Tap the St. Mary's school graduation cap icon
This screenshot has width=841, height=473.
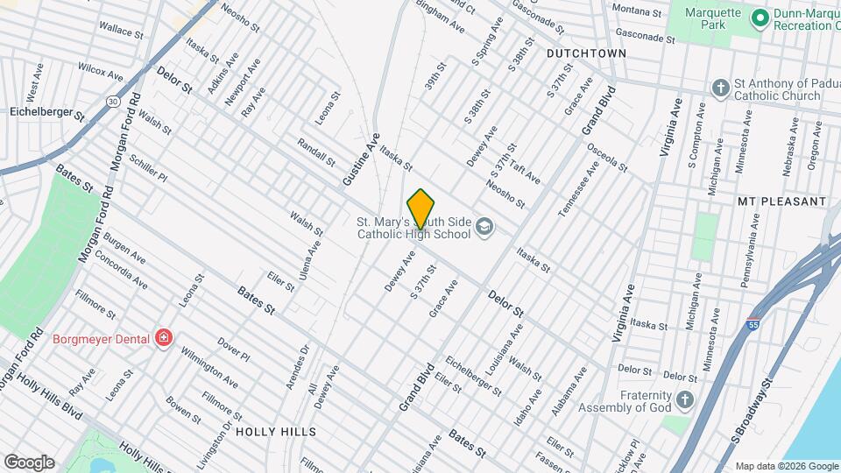(x=484, y=229)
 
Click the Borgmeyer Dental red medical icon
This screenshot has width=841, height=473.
(x=163, y=337)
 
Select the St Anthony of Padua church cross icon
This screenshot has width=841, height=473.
(x=720, y=88)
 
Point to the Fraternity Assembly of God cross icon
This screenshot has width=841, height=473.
(x=685, y=400)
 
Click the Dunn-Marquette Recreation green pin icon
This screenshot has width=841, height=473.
(x=760, y=17)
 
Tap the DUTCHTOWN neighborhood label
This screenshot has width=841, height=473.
(x=586, y=53)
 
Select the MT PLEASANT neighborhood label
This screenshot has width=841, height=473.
(x=781, y=201)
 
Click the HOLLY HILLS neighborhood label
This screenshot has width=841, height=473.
(x=275, y=432)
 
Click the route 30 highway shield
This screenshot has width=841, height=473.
(x=113, y=102)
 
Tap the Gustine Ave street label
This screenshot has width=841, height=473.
(x=361, y=159)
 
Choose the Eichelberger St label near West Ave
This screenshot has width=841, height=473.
(x=46, y=113)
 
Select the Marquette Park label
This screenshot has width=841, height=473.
(x=707, y=18)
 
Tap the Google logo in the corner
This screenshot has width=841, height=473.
(x=29, y=462)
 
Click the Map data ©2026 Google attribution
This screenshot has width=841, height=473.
(x=786, y=466)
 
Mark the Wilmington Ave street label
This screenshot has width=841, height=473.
(x=208, y=369)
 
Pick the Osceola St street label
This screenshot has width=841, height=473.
(x=607, y=157)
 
